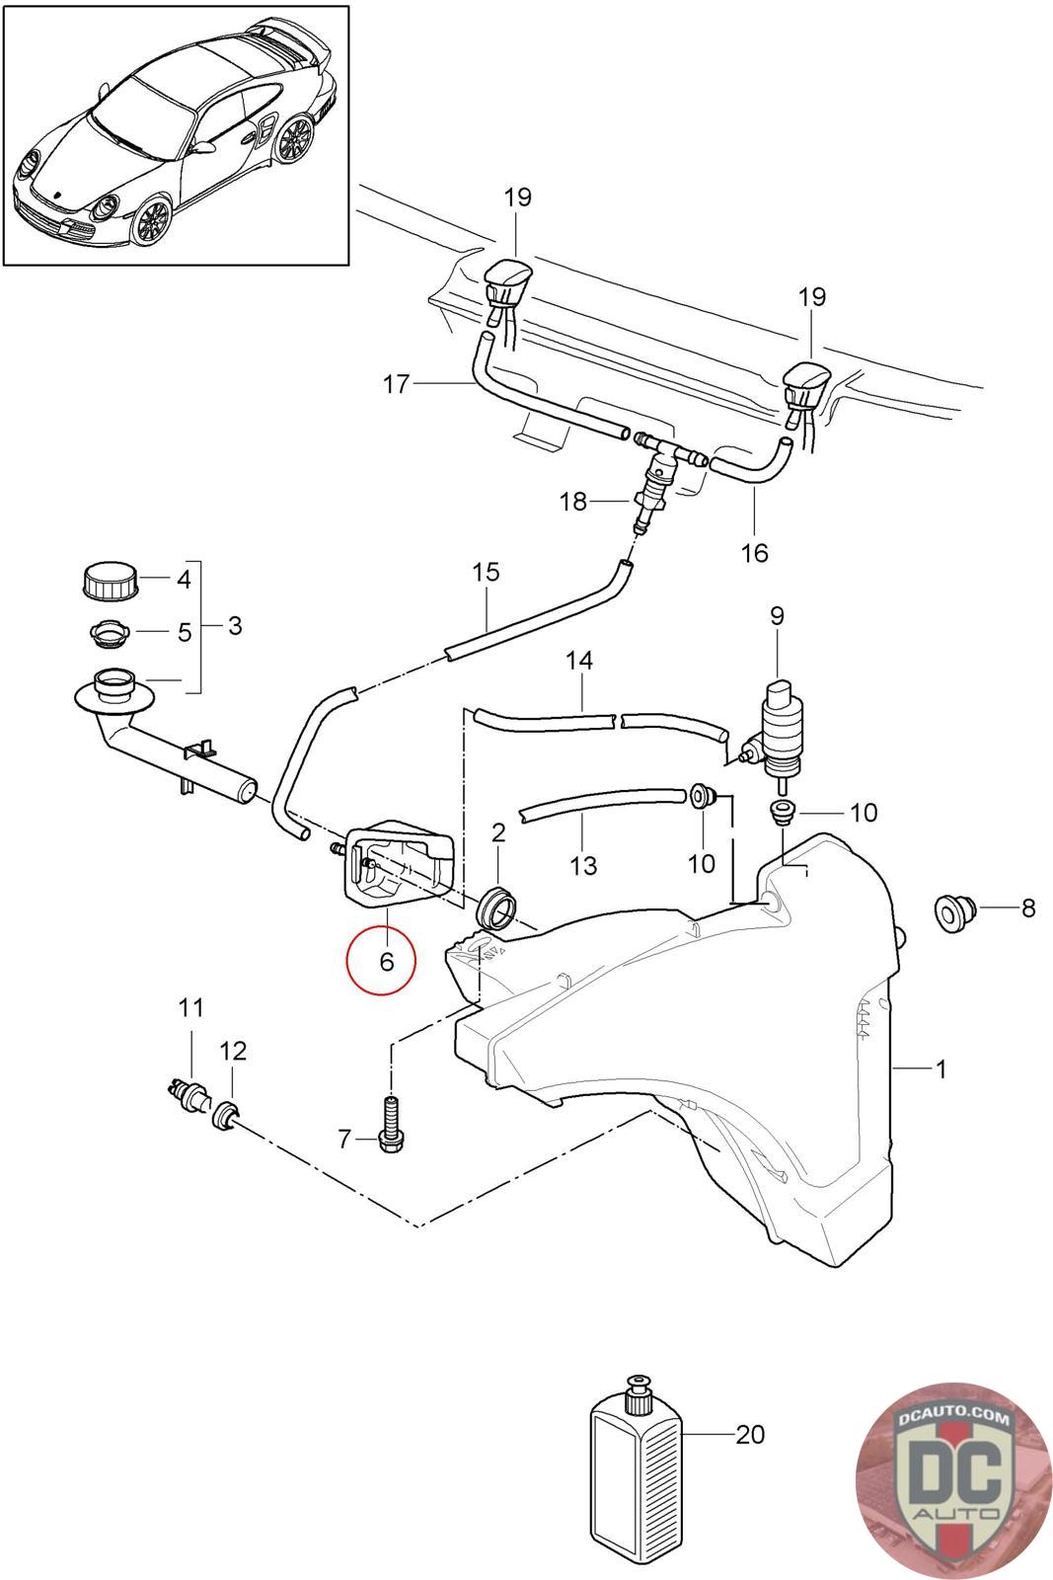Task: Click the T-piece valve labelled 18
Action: click(651, 487)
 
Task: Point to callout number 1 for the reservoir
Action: click(940, 1068)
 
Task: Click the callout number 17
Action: click(397, 384)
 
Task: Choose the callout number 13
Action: click(584, 865)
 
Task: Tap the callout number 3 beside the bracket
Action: click(234, 625)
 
